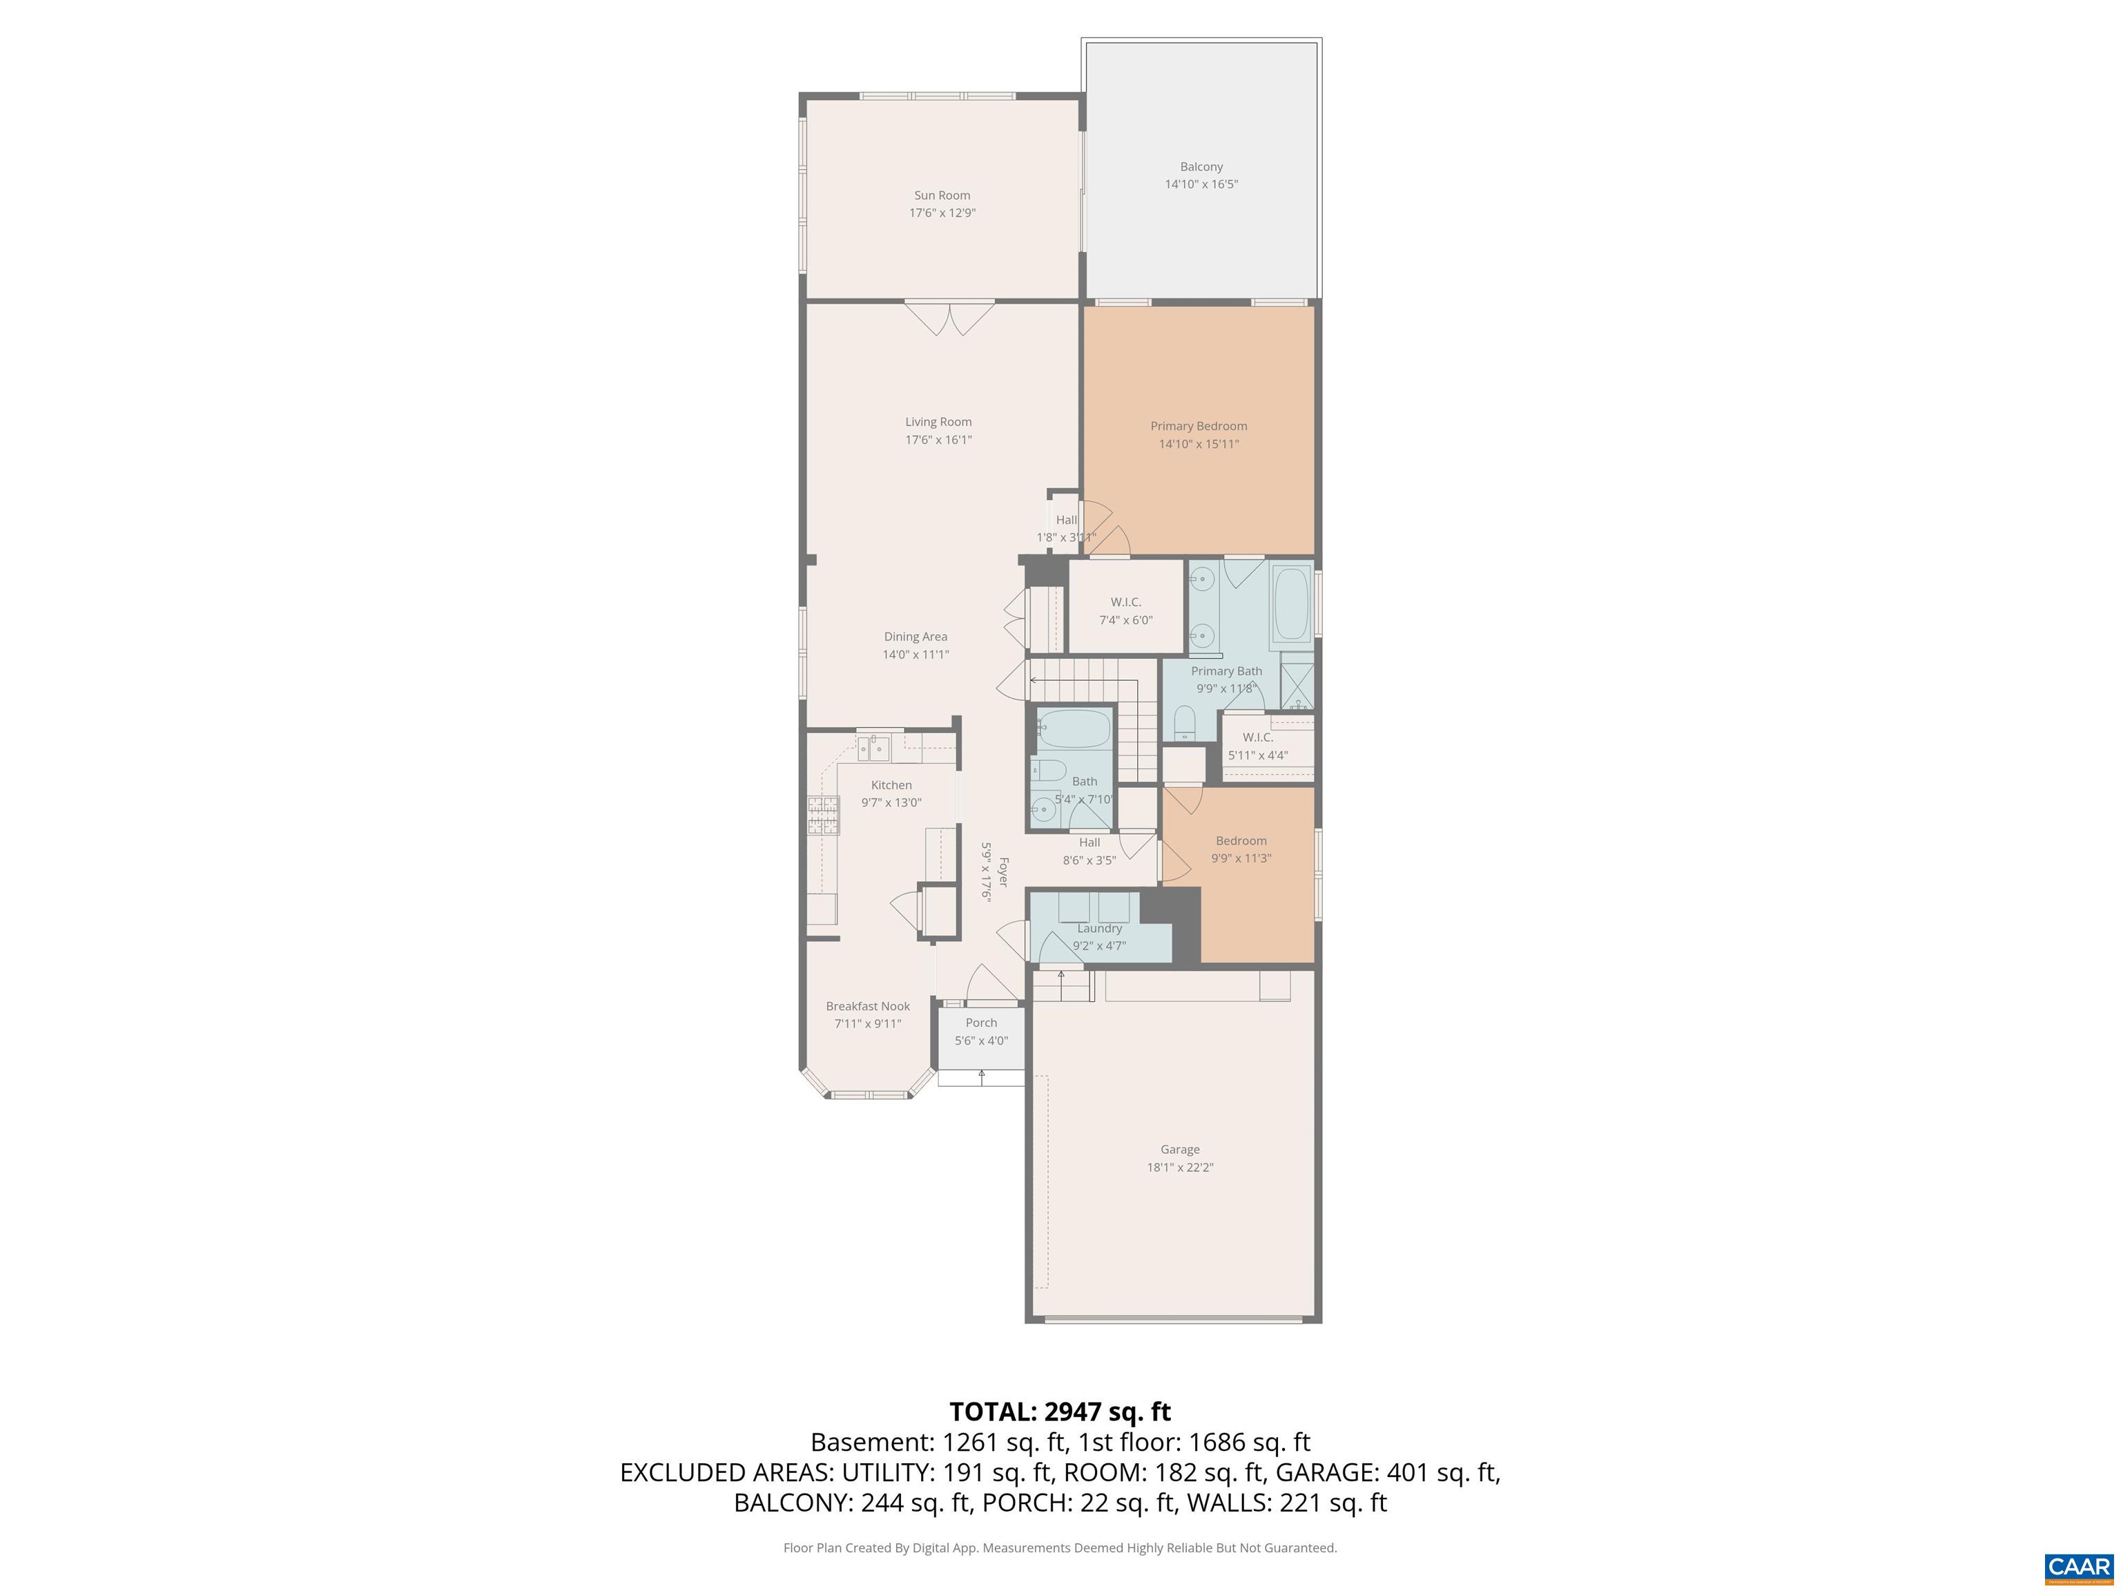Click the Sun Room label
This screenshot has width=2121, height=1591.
pos(942,195)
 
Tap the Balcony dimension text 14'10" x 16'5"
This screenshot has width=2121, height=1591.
pos(1201,184)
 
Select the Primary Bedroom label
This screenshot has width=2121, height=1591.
pos(1199,426)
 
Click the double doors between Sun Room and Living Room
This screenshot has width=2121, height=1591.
pos(950,318)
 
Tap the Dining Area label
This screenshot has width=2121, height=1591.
pos(915,637)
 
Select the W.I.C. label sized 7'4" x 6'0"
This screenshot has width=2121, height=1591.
pos(1125,602)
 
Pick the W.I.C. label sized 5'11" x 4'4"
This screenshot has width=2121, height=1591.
pos(1257,737)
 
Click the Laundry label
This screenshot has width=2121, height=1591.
pos(1099,928)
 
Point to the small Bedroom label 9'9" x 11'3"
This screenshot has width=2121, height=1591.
pos(1241,841)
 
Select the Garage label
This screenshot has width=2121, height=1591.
pos(1179,1149)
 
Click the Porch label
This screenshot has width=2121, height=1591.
pos(981,1022)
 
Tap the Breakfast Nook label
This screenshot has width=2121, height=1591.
pos(868,1006)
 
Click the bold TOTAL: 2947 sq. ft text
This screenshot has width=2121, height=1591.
pos(1060,1411)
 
